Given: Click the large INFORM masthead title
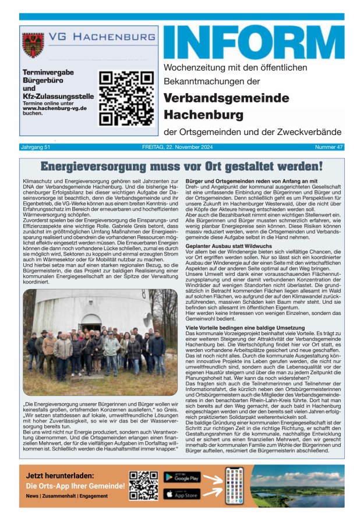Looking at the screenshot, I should click(253, 42).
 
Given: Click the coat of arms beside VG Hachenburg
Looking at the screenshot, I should click(33, 45).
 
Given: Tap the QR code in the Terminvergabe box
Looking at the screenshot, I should click(126, 98).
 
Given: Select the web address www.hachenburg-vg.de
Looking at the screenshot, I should click(54, 108).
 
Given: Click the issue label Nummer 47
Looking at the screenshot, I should click(329, 147).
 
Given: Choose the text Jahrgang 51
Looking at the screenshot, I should click(36, 147).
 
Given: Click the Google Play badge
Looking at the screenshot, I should click(182, 477).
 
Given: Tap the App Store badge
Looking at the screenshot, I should click(182, 493).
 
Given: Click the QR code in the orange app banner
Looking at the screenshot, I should click(144, 485).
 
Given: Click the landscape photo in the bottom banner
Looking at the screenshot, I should click(297, 485).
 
